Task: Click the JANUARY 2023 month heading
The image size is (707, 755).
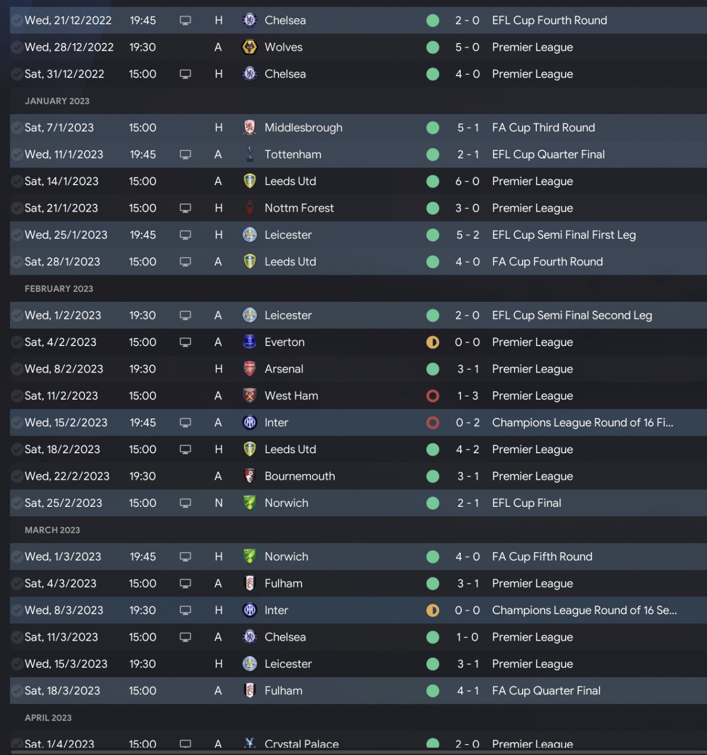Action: click(x=57, y=101)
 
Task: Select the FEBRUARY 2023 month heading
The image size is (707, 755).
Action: click(x=59, y=289)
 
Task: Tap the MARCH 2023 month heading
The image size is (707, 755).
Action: click(x=52, y=530)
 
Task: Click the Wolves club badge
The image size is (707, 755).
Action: click(x=250, y=48)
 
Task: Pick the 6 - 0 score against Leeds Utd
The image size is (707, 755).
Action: click(x=467, y=181)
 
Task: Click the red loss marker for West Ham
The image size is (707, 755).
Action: click(x=433, y=396)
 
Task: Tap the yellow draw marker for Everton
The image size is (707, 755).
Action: click(x=433, y=342)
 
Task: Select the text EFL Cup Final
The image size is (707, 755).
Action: click(x=526, y=503)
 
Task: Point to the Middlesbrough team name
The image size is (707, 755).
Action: click(x=303, y=128)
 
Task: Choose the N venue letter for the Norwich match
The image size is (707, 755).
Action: click(x=219, y=503)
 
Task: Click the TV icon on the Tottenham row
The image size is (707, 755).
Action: click(x=186, y=155)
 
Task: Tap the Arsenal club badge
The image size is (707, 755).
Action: click(x=250, y=369)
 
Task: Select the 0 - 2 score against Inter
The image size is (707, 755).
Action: click(x=467, y=423)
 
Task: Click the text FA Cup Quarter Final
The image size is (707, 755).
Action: click(x=546, y=691)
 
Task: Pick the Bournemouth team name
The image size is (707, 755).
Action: click(x=299, y=476)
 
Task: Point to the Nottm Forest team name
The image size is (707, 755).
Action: click(x=299, y=208)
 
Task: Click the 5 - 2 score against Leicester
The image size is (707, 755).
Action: click(x=467, y=235)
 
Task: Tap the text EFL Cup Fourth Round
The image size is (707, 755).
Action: click(x=549, y=20)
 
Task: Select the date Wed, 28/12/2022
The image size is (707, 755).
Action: click(x=69, y=48)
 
